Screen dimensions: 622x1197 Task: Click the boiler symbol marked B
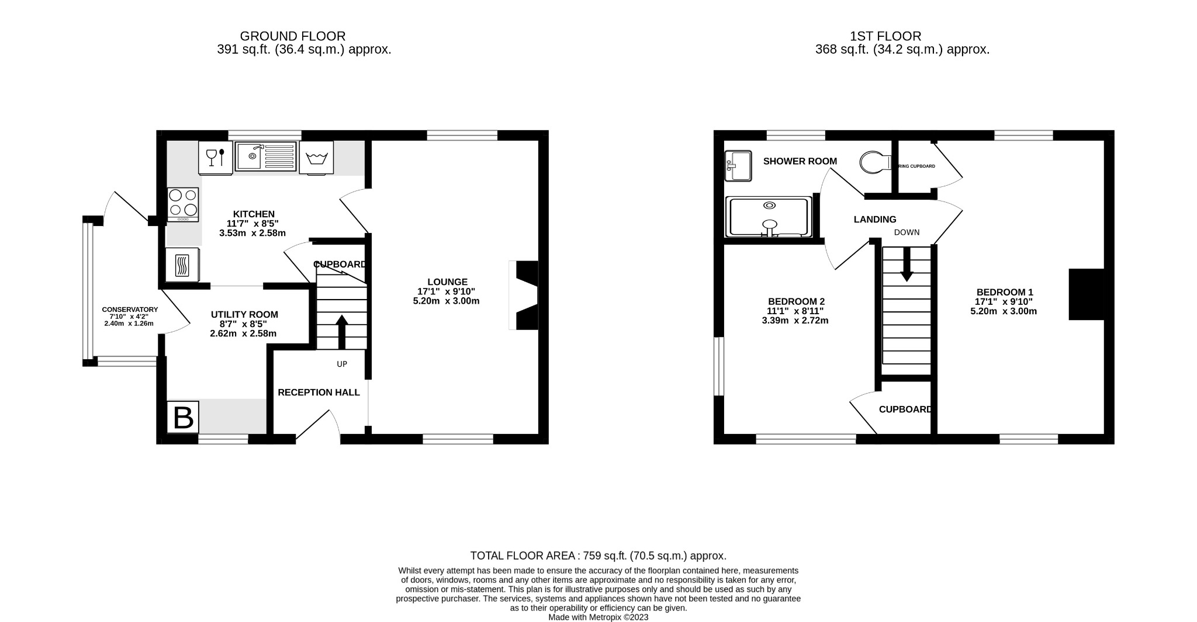tap(183, 418)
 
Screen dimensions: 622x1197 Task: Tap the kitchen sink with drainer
tap(266, 156)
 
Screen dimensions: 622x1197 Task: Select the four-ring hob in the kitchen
tap(182, 203)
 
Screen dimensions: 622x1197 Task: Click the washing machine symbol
tap(316, 157)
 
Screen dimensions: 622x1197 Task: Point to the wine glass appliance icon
tap(215, 157)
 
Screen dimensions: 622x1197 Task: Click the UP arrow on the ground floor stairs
tap(342, 331)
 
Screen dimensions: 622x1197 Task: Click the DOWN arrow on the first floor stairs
tap(907, 264)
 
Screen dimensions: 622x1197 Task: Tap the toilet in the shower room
tap(874, 162)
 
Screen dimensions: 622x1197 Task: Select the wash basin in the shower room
tap(736, 166)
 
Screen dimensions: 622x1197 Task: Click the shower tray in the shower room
tap(769, 217)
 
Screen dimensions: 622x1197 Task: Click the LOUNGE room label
tap(447, 282)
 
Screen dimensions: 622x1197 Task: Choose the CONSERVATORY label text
tap(130, 310)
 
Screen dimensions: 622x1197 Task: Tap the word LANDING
tap(874, 220)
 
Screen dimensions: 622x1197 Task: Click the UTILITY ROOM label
tap(244, 315)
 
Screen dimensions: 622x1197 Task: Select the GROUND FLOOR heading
tap(292, 36)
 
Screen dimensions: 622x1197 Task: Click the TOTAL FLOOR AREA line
tap(598, 555)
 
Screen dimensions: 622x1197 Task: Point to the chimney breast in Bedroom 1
tap(1086, 294)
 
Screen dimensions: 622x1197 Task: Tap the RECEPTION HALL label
tap(319, 392)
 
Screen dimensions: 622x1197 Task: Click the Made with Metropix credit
tap(598, 617)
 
